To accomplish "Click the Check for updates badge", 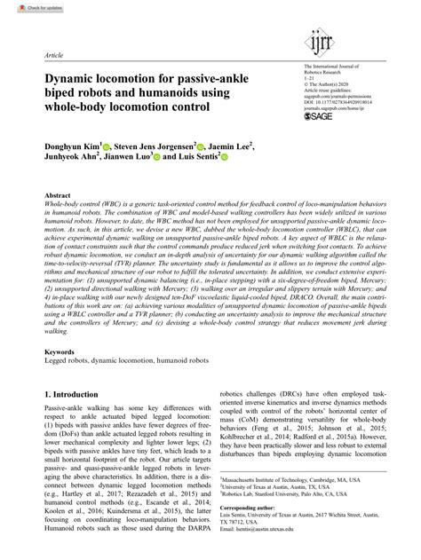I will pos(26,7).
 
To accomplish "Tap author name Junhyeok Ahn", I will pos(71,161).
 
